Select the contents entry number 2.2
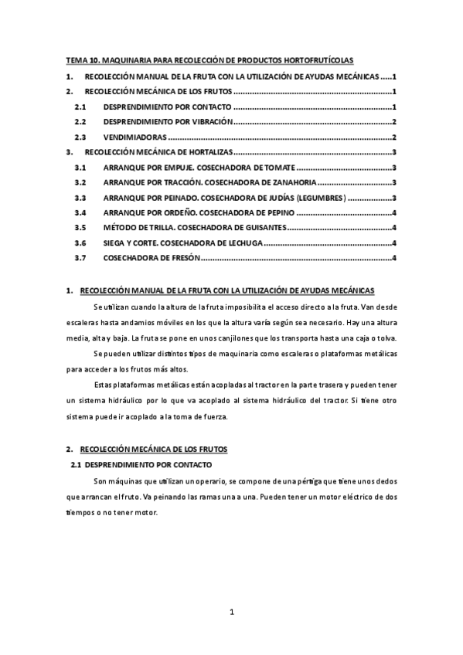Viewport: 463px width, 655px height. click(x=79, y=122)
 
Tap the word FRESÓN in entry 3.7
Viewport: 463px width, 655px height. click(x=181, y=257)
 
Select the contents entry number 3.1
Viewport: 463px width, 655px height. click(x=79, y=168)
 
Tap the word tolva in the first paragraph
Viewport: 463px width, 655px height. click(x=385, y=338)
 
